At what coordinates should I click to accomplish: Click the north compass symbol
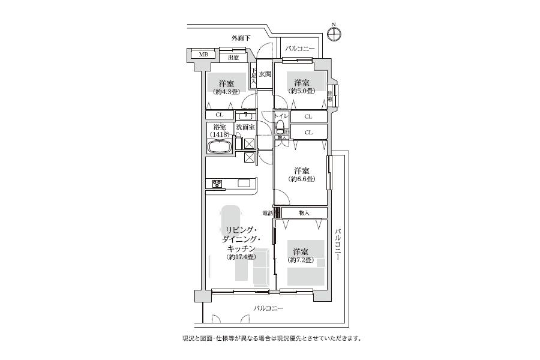pyautogui.click(x=335, y=33)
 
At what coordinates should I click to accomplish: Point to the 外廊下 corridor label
pyautogui.click(x=241, y=38)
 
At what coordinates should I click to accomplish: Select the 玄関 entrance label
pyautogui.click(x=265, y=74)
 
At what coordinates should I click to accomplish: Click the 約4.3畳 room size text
pyautogui.click(x=226, y=91)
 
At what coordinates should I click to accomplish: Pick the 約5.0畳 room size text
pyautogui.click(x=302, y=91)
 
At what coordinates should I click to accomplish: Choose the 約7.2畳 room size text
pyautogui.click(x=301, y=260)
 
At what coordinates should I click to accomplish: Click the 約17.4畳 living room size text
pyautogui.click(x=242, y=257)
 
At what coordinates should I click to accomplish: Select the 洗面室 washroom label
pyautogui.click(x=245, y=127)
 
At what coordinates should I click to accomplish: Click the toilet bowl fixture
pyautogui.click(x=280, y=127)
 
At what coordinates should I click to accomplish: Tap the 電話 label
pyautogui.click(x=268, y=213)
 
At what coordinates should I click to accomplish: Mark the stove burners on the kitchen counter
pyautogui.click(x=216, y=184)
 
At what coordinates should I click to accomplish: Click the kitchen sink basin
pyautogui.click(x=244, y=183)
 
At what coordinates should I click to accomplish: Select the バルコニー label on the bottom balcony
pyautogui.click(x=268, y=309)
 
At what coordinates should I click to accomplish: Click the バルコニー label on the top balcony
pyautogui.click(x=299, y=48)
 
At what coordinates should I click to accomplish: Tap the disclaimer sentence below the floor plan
pyautogui.click(x=271, y=338)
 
